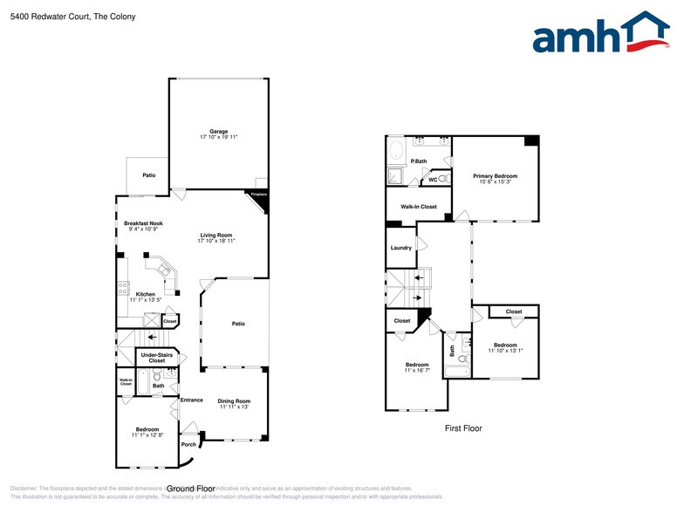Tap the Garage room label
pos(218,131)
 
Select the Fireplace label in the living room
pos(258,195)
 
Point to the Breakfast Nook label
pos(143,223)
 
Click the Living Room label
pos(216,235)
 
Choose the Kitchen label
pos(146,294)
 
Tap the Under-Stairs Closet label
pos(157,358)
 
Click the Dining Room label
pos(234,400)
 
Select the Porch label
pos(188,444)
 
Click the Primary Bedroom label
pos(496,175)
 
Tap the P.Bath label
pos(419,161)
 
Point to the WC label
pos(433,180)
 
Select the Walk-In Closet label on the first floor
pos(419,207)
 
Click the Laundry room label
pos(400,248)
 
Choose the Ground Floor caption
pos(191,489)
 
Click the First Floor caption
pos(462,428)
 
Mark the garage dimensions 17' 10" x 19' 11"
pos(218,138)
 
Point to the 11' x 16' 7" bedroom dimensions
pos(417,371)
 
